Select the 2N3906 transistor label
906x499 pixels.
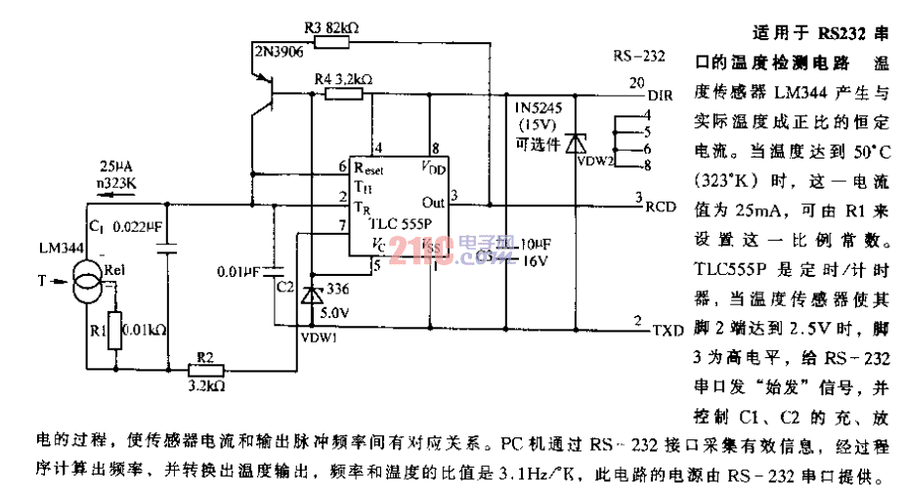[x=277, y=49]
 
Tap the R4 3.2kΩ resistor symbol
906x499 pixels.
[x=344, y=93]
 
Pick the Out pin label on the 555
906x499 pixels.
[x=433, y=203]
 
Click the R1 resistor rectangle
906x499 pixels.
[x=114, y=330]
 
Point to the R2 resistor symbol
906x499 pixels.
[x=206, y=371]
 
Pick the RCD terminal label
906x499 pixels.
[x=662, y=207]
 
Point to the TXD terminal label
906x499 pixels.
[x=666, y=330]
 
